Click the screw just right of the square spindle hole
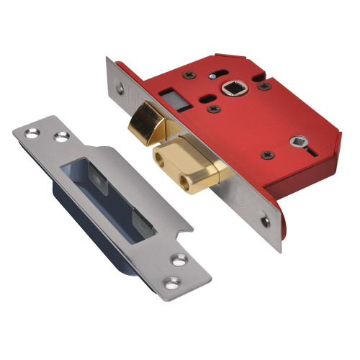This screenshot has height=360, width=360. pyautogui.click(x=264, y=85)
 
